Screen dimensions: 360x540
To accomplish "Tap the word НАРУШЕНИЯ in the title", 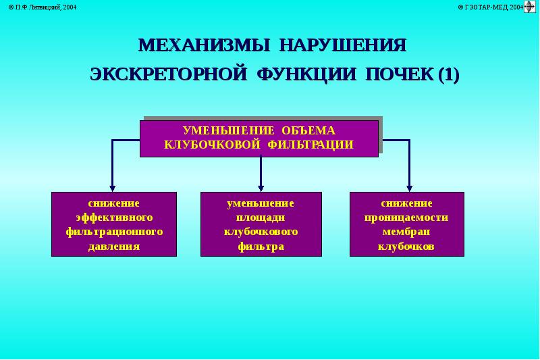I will (x=344, y=46).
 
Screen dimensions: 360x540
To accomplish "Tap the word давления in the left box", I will (x=113, y=246).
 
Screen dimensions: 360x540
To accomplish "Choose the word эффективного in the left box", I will (x=113, y=217).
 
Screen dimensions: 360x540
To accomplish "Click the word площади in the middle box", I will (x=261, y=217).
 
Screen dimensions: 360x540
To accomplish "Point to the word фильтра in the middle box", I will (x=261, y=246).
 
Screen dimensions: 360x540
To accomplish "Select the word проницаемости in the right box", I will (x=406, y=217).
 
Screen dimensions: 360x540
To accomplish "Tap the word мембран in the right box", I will (x=406, y=232).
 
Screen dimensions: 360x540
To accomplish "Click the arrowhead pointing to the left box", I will (x=113, y=188).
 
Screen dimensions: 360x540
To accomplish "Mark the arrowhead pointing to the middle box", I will (x=261, y=188).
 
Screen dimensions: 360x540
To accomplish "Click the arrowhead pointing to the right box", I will (x=409, y=188).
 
